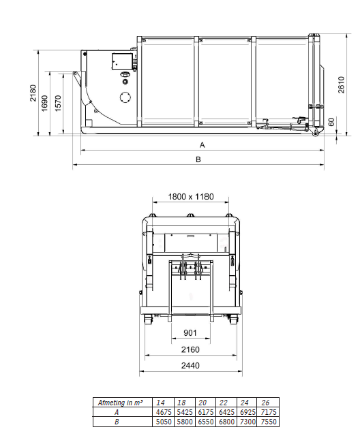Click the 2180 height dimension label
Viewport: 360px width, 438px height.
[33, 93]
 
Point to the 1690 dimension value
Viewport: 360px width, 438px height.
[45, 104]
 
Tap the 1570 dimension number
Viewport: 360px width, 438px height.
[58, 104]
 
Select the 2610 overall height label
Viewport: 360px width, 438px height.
[342, 84]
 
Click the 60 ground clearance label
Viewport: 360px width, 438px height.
[331, 122]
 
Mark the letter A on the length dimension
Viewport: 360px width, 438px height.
[202, 145]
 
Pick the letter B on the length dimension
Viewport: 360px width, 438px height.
[198, 159]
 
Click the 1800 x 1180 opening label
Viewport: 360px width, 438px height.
[191, 197]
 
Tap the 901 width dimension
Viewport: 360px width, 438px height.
[190, 332]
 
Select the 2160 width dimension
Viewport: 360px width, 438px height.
[190, 349]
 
